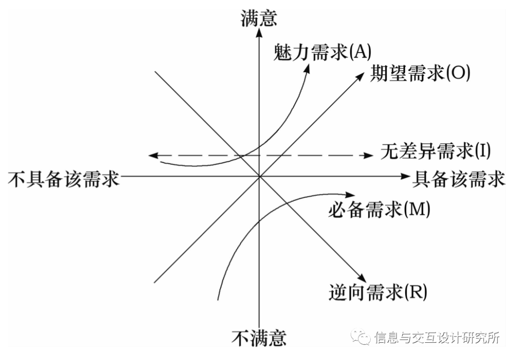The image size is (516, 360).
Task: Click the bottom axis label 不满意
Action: pos(259,338)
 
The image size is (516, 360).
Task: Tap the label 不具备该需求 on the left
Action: pos(64,180)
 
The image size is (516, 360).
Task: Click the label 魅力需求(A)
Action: pos(322,52)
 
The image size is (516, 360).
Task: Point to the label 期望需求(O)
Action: pos(420,74)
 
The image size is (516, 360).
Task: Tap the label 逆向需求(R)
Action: pos(377,291)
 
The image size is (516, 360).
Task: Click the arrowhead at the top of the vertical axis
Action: pos(259,32)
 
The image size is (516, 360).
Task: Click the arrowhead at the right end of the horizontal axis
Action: pos(401,176)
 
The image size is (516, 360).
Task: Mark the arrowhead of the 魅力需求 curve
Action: pos(308,68)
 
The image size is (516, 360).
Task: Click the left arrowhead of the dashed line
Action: pos(152,155)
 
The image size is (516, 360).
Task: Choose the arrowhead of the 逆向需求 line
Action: pos(362,278)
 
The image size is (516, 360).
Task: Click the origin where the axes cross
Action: pos(259,176)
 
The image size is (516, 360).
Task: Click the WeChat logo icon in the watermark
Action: pos(362,338)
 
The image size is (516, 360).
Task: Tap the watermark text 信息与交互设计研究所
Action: pos(437,338)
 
